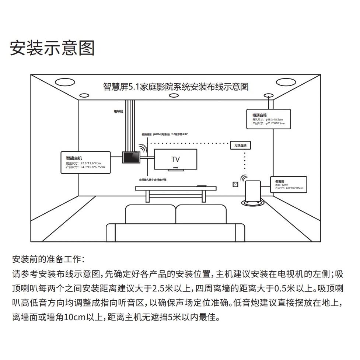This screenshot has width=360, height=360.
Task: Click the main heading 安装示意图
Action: (52, 48)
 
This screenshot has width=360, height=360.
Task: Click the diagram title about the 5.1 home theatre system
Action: (176, 87)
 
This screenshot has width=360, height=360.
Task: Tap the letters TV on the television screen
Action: (175, 159)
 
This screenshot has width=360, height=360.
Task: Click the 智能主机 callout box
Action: (85, 162)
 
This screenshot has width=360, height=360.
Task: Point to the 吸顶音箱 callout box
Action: (269, 119)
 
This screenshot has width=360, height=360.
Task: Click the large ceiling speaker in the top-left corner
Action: (65, 82)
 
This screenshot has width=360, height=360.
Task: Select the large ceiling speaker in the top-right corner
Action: (286, 82)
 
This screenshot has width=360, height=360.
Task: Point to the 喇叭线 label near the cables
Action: (118, 111)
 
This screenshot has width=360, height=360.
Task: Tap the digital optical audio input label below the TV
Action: (153, 179)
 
